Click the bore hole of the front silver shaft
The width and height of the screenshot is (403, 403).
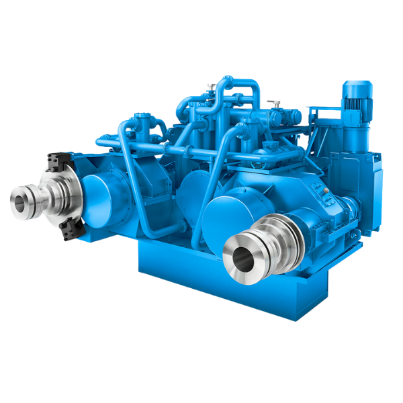pyautogui.click(x=240, y=255)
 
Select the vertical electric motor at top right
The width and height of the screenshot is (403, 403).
pyautogui.click(x=356, y=114)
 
